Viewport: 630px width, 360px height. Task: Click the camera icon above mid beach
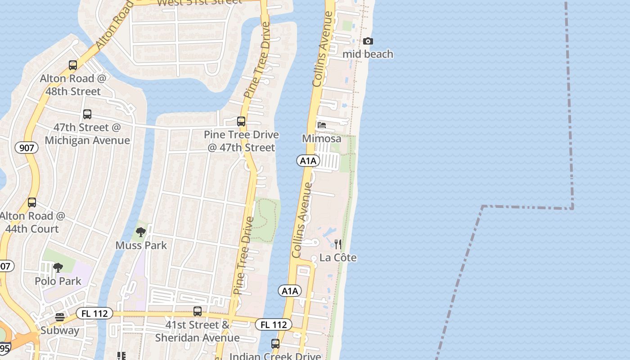(368, 41)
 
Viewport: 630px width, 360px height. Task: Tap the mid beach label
(368, 54)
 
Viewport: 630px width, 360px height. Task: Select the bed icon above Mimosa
(321, 125)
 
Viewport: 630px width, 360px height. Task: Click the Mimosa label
(321, 139)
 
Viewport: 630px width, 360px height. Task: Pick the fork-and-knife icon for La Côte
(337, 244)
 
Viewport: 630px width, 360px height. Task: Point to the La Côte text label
(337, 258)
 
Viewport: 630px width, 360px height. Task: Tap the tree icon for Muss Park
(141, 232)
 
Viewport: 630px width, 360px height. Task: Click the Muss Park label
(141, 246)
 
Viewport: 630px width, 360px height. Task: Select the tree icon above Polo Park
(58, 268)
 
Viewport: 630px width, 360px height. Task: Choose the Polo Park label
(58, 281)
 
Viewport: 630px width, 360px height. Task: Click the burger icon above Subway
(59, 317)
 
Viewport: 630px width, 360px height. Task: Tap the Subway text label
(59, 331)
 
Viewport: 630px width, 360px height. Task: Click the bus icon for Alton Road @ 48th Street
(73, 65)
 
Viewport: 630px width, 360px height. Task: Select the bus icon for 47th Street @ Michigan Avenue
(87, 114)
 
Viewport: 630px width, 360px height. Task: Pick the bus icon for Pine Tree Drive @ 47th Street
(241, 121)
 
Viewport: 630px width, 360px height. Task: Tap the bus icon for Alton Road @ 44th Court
(32, 202)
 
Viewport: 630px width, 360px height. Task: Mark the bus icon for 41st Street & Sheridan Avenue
(197, 311)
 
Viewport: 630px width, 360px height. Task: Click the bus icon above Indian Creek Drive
(275, 344)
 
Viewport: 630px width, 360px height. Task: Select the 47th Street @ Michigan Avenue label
(87, 134)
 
